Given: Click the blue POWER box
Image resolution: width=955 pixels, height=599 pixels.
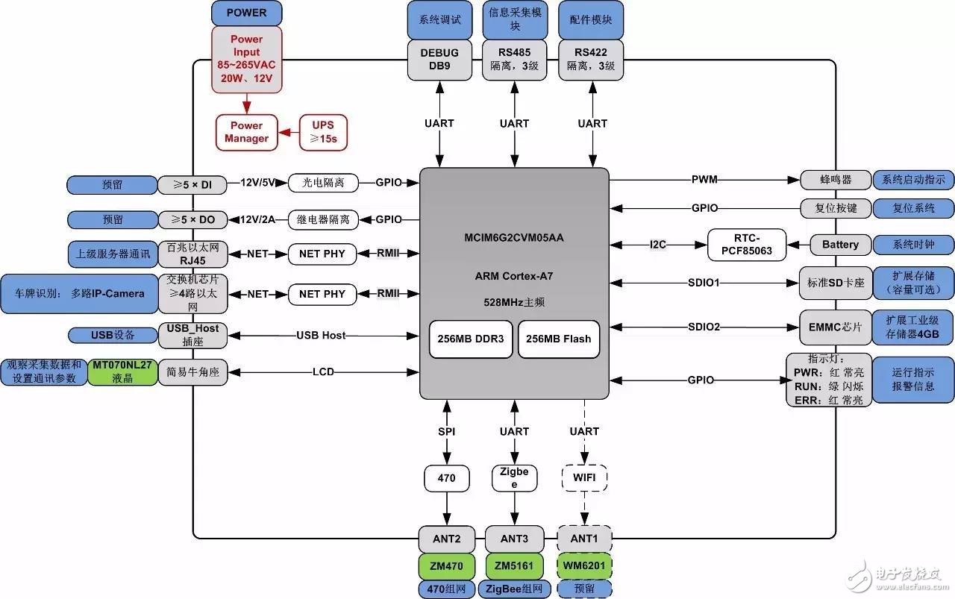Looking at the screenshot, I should (246, 13).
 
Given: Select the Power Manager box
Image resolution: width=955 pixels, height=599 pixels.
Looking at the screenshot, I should (246, 132).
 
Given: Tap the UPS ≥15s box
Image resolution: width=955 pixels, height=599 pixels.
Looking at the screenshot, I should (324, 132).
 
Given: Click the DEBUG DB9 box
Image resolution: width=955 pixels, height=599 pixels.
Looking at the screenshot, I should (439, 59).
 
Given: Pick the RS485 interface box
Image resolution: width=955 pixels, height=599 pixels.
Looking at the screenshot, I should (514, 59).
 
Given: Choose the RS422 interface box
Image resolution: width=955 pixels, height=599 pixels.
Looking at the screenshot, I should (590, 59).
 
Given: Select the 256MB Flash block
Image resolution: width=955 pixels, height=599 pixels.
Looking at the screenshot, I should (558, 339).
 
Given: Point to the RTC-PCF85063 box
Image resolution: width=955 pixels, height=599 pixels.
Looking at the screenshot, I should (747, 245).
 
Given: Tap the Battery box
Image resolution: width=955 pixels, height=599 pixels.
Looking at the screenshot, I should (840, 245).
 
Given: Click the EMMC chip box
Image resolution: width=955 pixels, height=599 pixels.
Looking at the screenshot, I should (834, 327).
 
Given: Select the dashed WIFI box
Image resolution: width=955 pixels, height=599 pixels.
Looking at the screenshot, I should (584, 477).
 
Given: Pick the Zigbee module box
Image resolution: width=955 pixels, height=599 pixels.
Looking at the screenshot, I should (514, 477).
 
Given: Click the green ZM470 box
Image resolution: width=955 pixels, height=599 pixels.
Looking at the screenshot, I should (448, 566).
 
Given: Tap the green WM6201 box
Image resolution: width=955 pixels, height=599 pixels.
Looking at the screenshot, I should (584, 566).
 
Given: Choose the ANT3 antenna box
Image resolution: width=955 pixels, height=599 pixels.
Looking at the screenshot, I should (514, 538).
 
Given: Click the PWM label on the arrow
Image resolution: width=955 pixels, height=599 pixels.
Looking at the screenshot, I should (704, 179).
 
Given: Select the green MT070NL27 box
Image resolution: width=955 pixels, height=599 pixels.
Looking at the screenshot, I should (122, 371).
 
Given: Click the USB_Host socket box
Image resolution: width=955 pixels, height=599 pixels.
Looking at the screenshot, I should (192, 335).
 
